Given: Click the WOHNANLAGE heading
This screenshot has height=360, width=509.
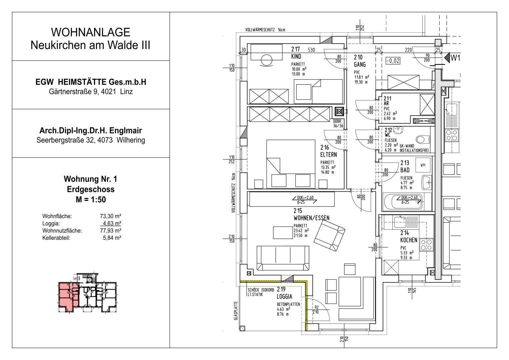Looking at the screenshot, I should point(90,32).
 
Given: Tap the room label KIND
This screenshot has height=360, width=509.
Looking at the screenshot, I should point(296,56).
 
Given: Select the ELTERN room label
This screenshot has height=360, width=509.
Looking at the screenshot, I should point(328,155).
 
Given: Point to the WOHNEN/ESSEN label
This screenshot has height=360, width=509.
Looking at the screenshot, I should point(311,218).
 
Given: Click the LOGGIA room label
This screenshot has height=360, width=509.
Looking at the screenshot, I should point(284,296).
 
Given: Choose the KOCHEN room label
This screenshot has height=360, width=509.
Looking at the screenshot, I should point(408,240).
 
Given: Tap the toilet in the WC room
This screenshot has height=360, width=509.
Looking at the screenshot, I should point(422,139).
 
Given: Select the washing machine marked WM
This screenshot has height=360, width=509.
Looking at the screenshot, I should point(423,165).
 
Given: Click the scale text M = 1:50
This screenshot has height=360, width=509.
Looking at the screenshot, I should point(90,200).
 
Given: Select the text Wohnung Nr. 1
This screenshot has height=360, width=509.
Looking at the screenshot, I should point(90,179).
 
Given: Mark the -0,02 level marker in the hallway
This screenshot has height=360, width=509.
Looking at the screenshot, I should point(393,61).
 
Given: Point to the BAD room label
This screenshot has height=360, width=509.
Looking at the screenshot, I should point(405,170).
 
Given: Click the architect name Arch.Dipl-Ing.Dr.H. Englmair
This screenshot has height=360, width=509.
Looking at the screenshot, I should point(90,131).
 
